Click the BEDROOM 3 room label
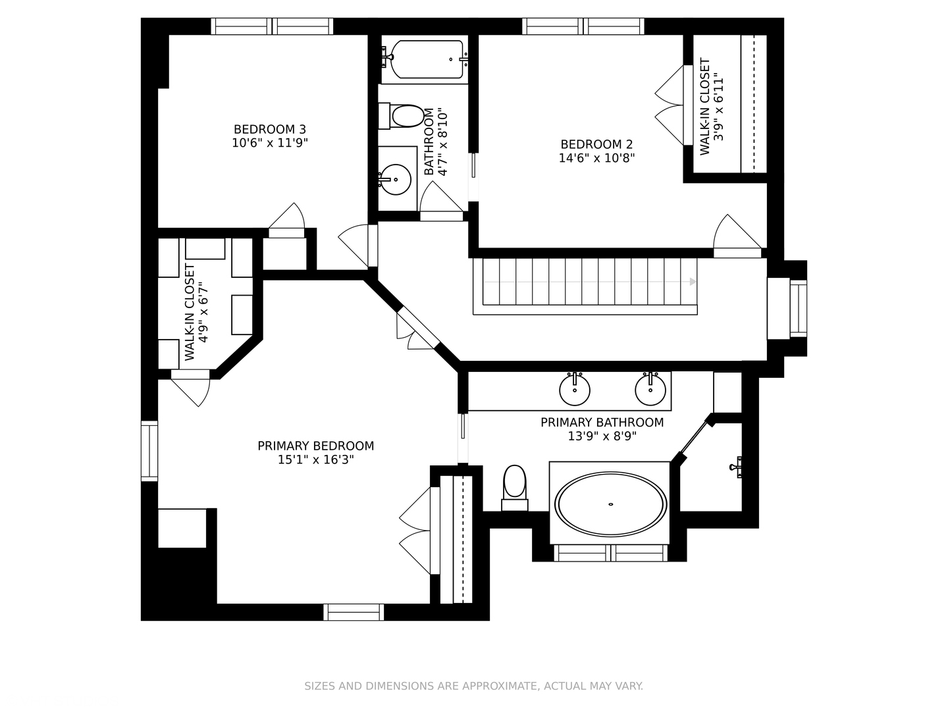(x=269, y=129)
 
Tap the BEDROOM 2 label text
(x=596, y=144)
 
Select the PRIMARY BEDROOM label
(x=316, y=446)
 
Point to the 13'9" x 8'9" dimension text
(x=602, y=436)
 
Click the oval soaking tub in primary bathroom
(x=611, y=504)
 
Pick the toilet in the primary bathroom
(x=514, y=488)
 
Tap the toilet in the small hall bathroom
(x=401, y=116)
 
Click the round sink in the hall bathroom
(x=396, y=180)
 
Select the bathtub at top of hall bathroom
(x=425, y=59)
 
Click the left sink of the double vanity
(x=575, y=389)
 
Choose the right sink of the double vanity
(x=650, y=389)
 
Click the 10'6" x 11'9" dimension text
(x=270, y=143)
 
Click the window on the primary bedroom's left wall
(x=149, y=451)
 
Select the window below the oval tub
(x=611, y=553)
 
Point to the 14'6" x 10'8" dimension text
(x=597, y=159)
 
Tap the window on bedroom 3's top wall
(x=272, y=26)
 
